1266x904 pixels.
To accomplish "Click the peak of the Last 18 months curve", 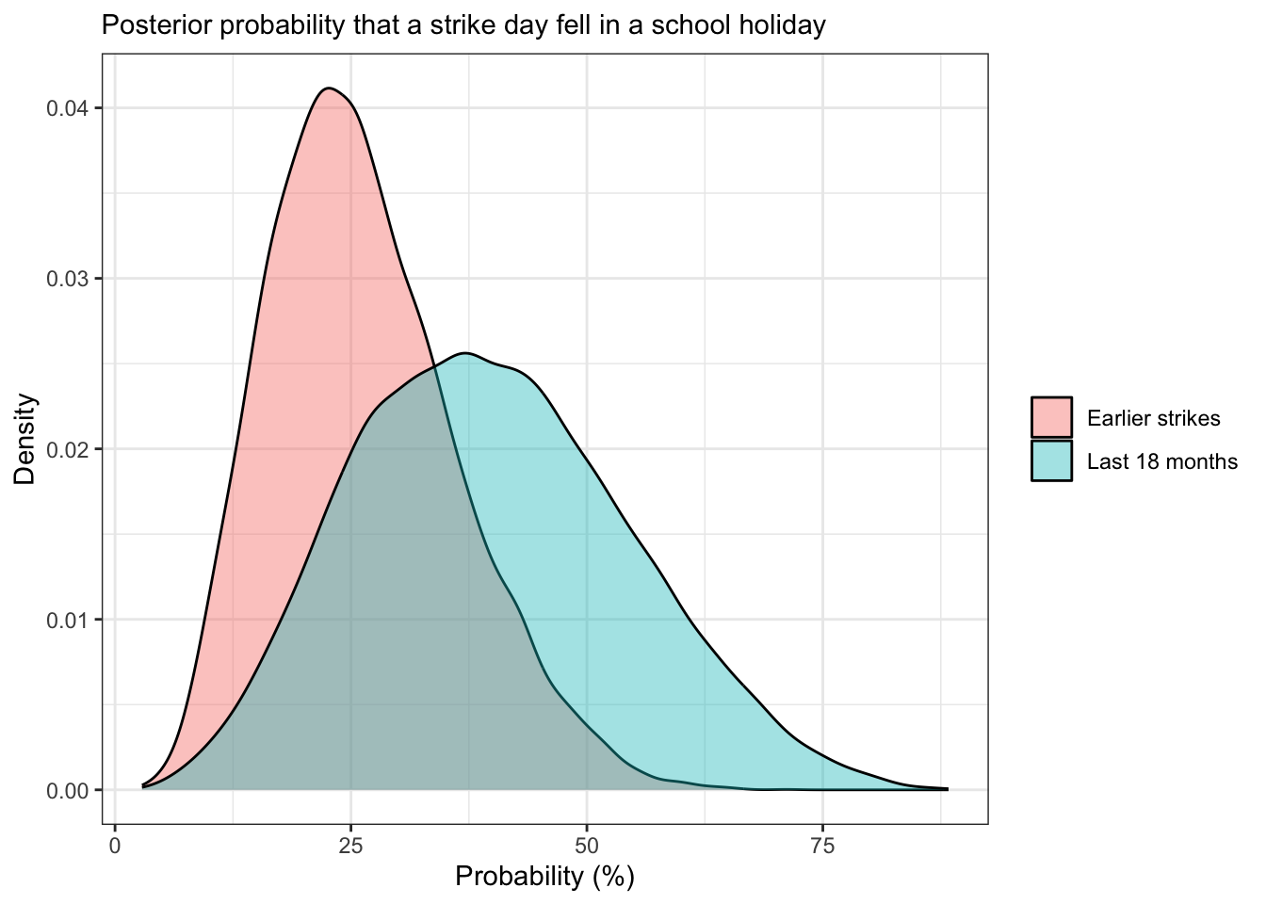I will click(x=465, y=353).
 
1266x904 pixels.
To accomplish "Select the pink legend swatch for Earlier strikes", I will click(x=1051, y=417).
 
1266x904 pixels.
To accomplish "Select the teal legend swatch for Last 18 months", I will click(x=1051, y=460).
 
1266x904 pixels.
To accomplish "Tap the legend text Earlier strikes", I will click(x=1153, y=418).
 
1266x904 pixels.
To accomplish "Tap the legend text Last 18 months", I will click(x=1161, y=461).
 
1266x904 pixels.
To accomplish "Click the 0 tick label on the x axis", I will click(x=115, y=846).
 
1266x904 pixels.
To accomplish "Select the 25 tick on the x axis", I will click(x=350, y=846).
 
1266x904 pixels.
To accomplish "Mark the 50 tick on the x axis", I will click(x=586, y=846).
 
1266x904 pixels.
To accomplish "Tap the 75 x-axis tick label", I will click(x=822, y=846).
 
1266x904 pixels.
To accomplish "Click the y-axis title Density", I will click(x=25, y=439).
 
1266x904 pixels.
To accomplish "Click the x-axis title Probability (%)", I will click(x=544, y=877).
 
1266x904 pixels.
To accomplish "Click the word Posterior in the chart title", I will click(x=146, y=25).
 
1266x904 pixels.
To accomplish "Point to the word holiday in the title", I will click(x=783, y=25).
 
